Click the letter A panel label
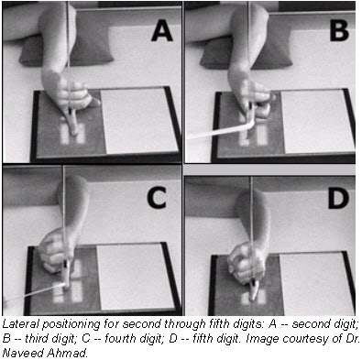[x=162, y=32]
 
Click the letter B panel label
[x=339, y=30]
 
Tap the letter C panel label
[x=157, y=198]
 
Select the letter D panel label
[x=338, y=198]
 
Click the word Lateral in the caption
[x=21, y=324]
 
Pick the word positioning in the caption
[x=71, y=325]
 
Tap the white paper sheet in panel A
[x=140, y=120]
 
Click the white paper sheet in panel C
[x=135, y=277]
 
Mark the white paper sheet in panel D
[x=316, y=284]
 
